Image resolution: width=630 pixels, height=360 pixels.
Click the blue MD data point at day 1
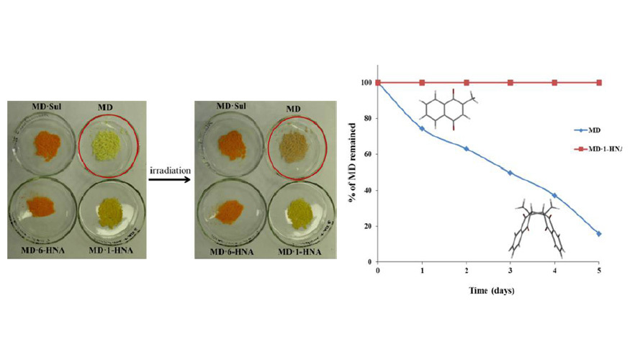pyautogui.click(x=422, y=128)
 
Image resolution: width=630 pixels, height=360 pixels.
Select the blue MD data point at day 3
pyautogui.click(x=510, y=173)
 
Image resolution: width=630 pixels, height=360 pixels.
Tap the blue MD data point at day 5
pyautogui.click(x=599, y=233)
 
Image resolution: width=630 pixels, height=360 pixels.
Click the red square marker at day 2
pyautogui.click(x=467, y=83)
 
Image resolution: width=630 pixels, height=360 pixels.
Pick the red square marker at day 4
pyautogui.click(x=554, y=83)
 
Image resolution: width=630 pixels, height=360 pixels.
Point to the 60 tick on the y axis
pyautogui.click(x=369, y=154)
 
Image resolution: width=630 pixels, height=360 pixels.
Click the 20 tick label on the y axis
pyautogui.click(x=369, y=226)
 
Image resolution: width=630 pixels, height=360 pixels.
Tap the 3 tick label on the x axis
pyautogui.click(x=510, y=271)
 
